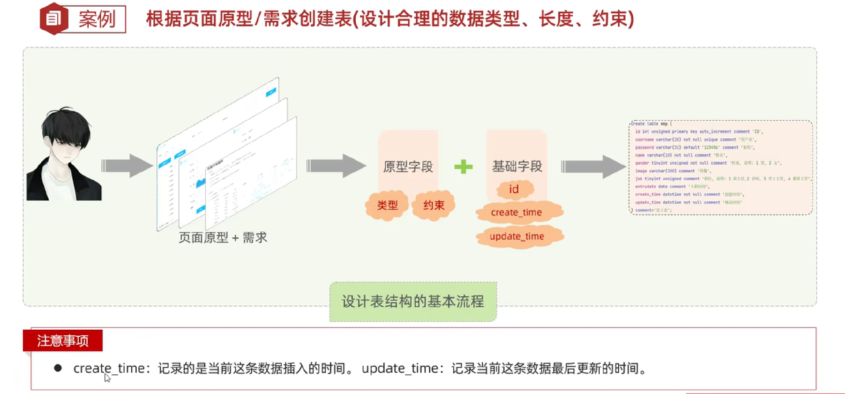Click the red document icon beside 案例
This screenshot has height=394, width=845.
pos(53,19)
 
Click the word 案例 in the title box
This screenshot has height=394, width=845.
pos(97,19)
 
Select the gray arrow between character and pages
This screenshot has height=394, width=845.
pos(127,166)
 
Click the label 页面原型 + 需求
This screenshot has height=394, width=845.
pos(223,238)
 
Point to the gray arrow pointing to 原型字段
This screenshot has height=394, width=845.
pos(336,166)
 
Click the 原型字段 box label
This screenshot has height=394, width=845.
pos(408,167)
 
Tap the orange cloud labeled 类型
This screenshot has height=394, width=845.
pos(387,205)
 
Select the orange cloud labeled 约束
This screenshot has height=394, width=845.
pos(434,205)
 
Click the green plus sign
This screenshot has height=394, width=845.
pos(463,167)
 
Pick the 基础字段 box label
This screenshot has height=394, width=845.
pos(517,166)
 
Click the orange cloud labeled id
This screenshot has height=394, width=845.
pos(514,190)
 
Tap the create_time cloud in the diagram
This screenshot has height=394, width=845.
pos(517,213)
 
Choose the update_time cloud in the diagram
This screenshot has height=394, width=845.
pos(517,236)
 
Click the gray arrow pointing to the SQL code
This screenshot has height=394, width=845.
pos(593,167)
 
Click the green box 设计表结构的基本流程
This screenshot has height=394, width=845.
pos(413,301)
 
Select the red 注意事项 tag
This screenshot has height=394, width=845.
pos(63,340)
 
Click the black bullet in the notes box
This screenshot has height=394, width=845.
pos(58,368)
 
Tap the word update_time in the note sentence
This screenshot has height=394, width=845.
pos(400,368)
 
